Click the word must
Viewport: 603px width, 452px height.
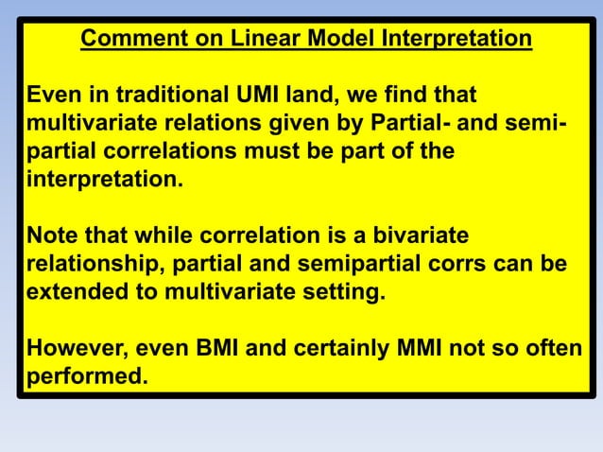point(254,151)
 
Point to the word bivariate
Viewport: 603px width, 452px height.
point(424,235)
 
